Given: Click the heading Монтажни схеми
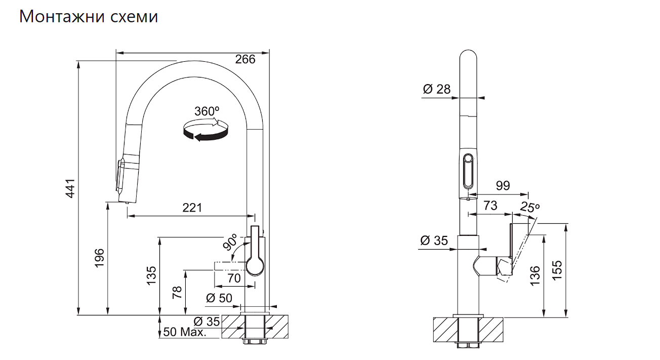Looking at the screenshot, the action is [x=89, y=17].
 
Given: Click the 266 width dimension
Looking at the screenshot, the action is [x=245, y=60].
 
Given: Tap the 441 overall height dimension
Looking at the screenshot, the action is [x=70, y=188].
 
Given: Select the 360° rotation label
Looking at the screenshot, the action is [x=207, y=111].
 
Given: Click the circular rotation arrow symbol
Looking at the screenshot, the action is [x=206, y=130].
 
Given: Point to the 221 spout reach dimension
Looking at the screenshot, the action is [x=192, y=208].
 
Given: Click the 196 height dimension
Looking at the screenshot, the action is [x=100, y=258].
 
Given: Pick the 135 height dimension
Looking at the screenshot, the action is [x=151, y=275].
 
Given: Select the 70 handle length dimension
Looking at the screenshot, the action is [x=234, y=278].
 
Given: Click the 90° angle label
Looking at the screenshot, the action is [x=230, y=242].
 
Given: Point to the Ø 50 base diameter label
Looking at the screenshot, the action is [x=219, y=298].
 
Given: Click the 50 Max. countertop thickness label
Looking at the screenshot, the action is [x=185, y=332].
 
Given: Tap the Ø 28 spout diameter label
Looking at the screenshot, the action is [x=437, y=89].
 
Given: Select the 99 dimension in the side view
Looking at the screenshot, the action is [x=503, y=186].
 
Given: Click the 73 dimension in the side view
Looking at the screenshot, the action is [x=490, y=206].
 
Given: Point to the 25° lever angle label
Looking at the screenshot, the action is [x=529, y=207].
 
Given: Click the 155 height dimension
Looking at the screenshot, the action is [x=557, y=270].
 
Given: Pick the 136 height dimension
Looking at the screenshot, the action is [x=535, y=275].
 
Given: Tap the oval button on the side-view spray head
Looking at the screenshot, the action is [x=468, y=171].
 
